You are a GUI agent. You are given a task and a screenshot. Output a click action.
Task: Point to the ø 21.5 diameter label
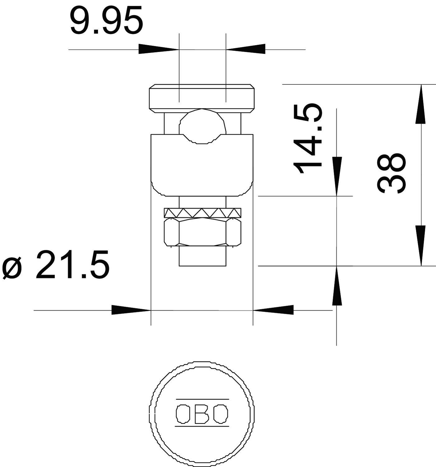click(x=56, y=264)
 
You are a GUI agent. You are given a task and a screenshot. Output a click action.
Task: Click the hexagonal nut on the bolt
click(x=203, y=231)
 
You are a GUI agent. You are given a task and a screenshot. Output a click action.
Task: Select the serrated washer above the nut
click(x=203, y=213)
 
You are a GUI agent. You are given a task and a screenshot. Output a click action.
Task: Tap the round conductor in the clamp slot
click(x=202, y=126)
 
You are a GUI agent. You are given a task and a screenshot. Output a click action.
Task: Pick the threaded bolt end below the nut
click(x=202, y=257)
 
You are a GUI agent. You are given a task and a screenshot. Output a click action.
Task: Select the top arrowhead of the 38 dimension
click(x=421, y=104)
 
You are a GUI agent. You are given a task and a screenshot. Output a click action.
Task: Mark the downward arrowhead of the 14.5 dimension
click(x=336, y=176)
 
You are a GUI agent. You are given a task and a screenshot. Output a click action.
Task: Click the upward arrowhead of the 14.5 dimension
click(x=336, y=286)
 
